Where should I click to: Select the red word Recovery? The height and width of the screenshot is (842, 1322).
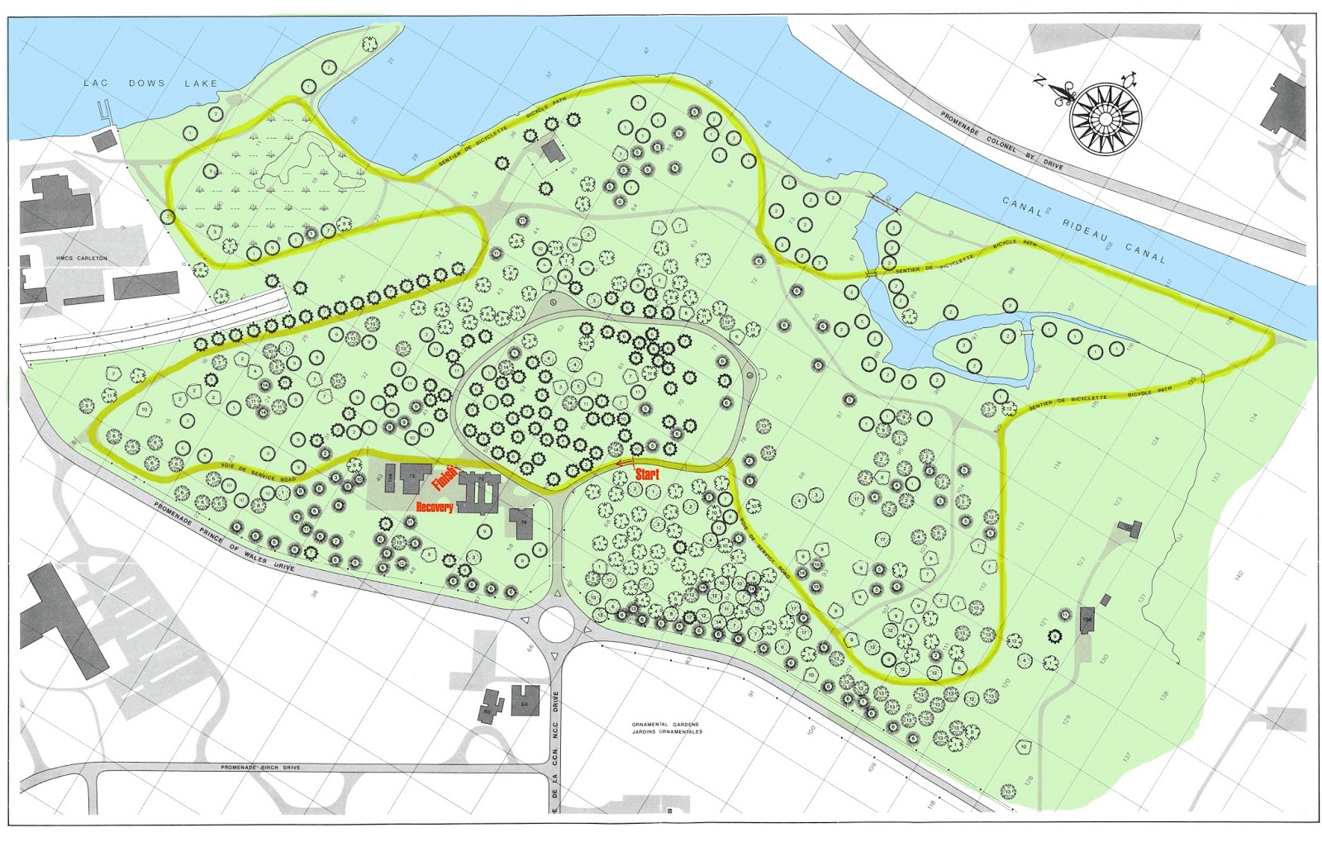coord(434,507)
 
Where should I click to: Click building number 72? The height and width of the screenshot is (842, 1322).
coord(411,477)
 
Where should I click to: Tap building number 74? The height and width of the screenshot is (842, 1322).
coord(522,522)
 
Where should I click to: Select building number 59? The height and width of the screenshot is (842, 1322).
coord(524,702)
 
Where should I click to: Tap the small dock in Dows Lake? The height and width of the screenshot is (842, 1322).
coord(102,112)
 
